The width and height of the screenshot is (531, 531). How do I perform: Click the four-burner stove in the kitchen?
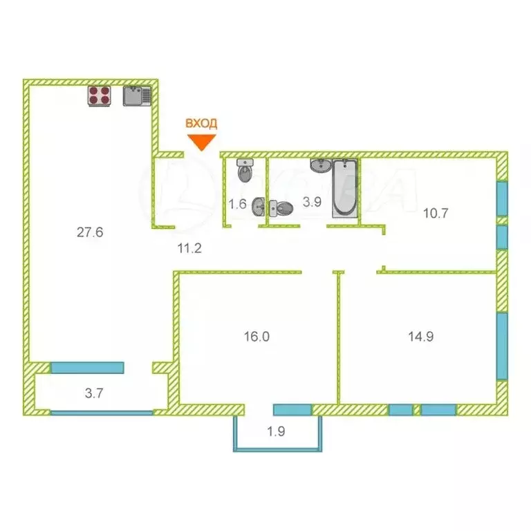tap(100, 95)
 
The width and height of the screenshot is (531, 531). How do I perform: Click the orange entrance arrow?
tap(201, 142)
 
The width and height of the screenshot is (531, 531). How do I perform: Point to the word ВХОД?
tap(201, 124)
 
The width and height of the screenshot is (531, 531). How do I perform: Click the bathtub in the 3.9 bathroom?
tap(345, 188)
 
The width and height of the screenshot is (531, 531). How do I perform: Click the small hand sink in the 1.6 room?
tap(258, 205)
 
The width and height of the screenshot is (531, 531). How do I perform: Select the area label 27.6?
tap(90, 232)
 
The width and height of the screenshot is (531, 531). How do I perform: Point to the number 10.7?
tap(436, 213)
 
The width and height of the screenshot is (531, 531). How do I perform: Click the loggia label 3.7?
tap(95, 394)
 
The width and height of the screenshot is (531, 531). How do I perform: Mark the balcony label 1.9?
tap(276, 434)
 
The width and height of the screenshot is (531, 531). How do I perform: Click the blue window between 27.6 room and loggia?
tap(87, 367)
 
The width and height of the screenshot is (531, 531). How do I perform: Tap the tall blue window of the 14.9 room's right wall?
tap(502, 345)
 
